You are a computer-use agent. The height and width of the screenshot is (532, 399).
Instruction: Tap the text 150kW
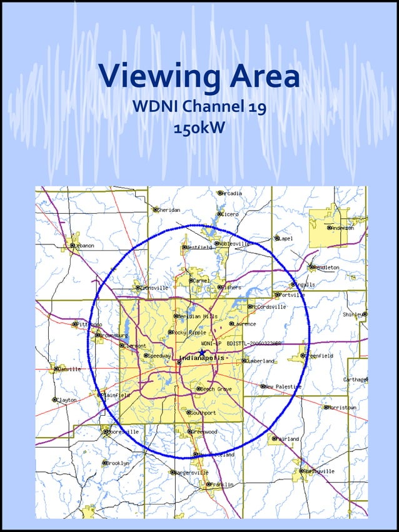click(199, 128)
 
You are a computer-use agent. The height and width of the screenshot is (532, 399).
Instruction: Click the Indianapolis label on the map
click(201, 358)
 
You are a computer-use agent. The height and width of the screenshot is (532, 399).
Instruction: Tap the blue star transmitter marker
click(202, 353)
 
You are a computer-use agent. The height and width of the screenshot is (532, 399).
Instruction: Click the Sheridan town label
click(169, 210)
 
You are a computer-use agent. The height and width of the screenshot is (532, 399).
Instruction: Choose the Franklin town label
click(221, 484)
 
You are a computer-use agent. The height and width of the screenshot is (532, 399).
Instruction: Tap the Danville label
click(68, 369)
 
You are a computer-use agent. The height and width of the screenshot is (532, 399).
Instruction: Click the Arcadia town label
click(231, 194)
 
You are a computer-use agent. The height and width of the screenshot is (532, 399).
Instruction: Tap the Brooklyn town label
click(118, 463)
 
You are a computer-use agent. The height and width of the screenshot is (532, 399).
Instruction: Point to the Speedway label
click(159, 356)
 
